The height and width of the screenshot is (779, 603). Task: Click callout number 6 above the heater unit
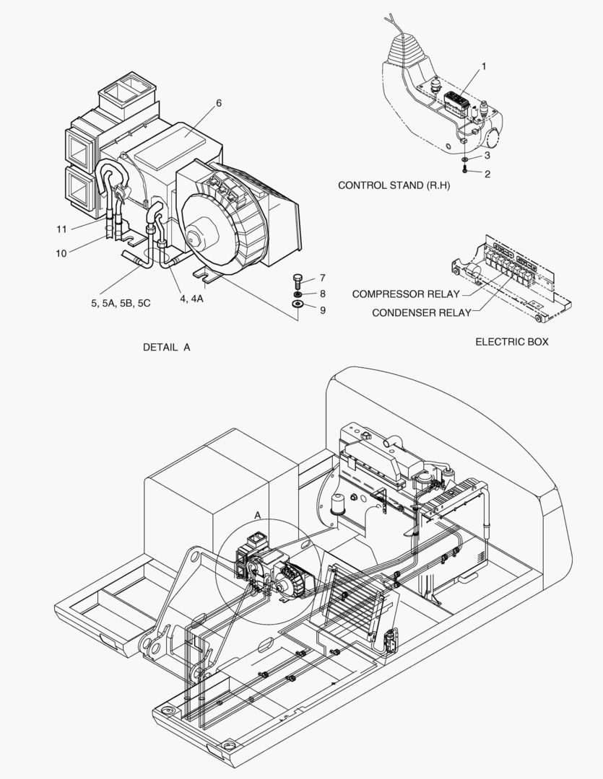point(218,103)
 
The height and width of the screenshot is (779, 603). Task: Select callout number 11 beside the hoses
point(62,229)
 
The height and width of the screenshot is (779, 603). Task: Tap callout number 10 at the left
point(61,253)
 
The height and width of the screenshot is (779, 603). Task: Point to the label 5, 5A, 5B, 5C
point(121,303)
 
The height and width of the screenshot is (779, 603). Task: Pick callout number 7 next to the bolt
point(323,277)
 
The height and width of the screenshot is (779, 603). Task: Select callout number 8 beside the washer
point(323,294)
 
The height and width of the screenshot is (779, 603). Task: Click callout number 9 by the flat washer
point(323,310)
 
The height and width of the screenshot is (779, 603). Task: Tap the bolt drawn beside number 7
point(298,279)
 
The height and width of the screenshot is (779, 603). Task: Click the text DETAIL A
point(166,347)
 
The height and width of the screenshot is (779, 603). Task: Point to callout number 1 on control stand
point(484,66)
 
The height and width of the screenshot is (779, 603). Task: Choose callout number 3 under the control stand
point(487,155)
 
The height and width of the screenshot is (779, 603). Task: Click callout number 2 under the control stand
point(487,174)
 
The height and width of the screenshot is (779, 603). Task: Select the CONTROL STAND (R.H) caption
point(394,185)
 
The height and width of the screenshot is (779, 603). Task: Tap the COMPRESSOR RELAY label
point(405,294)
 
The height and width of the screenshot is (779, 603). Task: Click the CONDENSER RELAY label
point(421,312)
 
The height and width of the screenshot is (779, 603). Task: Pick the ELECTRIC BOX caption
point(511,341)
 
